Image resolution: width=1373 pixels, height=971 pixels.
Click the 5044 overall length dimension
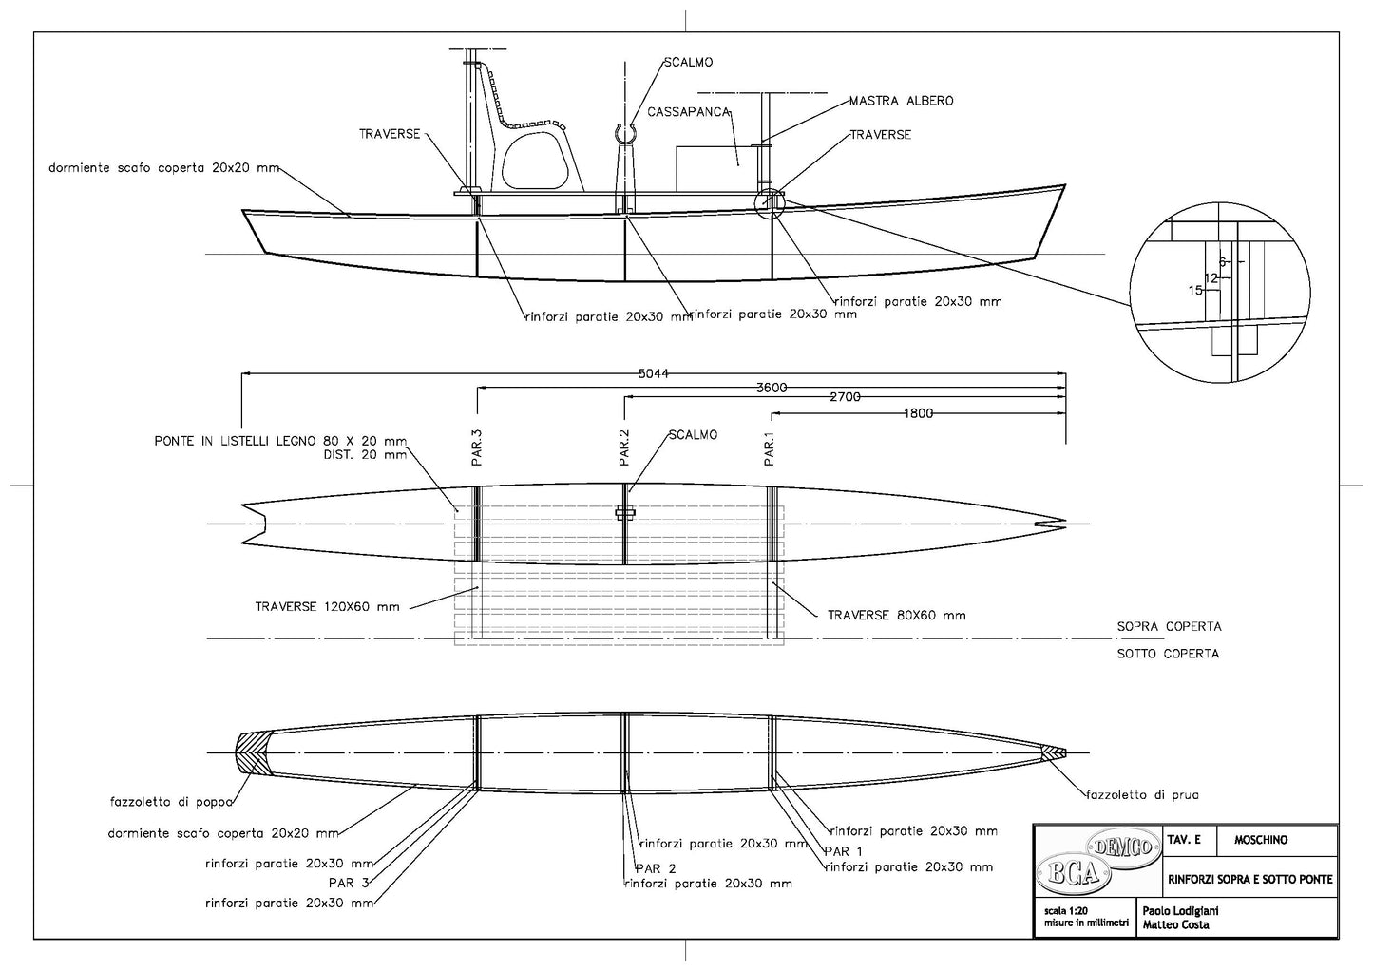(x=654, y=373)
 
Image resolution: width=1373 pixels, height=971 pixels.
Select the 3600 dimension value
(x=772, y=388)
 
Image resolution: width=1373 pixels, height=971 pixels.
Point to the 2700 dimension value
(x=846, y=396)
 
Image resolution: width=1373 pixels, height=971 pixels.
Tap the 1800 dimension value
(x=918, y=413)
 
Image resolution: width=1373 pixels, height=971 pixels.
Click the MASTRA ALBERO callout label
(x=901, y=101)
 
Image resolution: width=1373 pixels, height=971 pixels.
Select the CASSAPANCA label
(x=689, y=111)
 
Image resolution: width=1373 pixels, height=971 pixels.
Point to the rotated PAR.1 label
(x=770, y=448)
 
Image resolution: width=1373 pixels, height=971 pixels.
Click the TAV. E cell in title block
(x=1184, y=840)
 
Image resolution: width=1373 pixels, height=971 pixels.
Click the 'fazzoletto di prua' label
(x=1142, y=795)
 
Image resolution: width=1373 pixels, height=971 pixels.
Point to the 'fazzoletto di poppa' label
(x=172, y=802)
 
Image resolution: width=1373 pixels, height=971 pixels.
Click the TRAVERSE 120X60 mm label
(x=327, y=607)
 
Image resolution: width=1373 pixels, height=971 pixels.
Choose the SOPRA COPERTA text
(x=1170, y=626)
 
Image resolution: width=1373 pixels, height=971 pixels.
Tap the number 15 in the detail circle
(x=1195, y=291)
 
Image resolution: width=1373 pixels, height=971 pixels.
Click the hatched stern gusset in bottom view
(x=251, y=752)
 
